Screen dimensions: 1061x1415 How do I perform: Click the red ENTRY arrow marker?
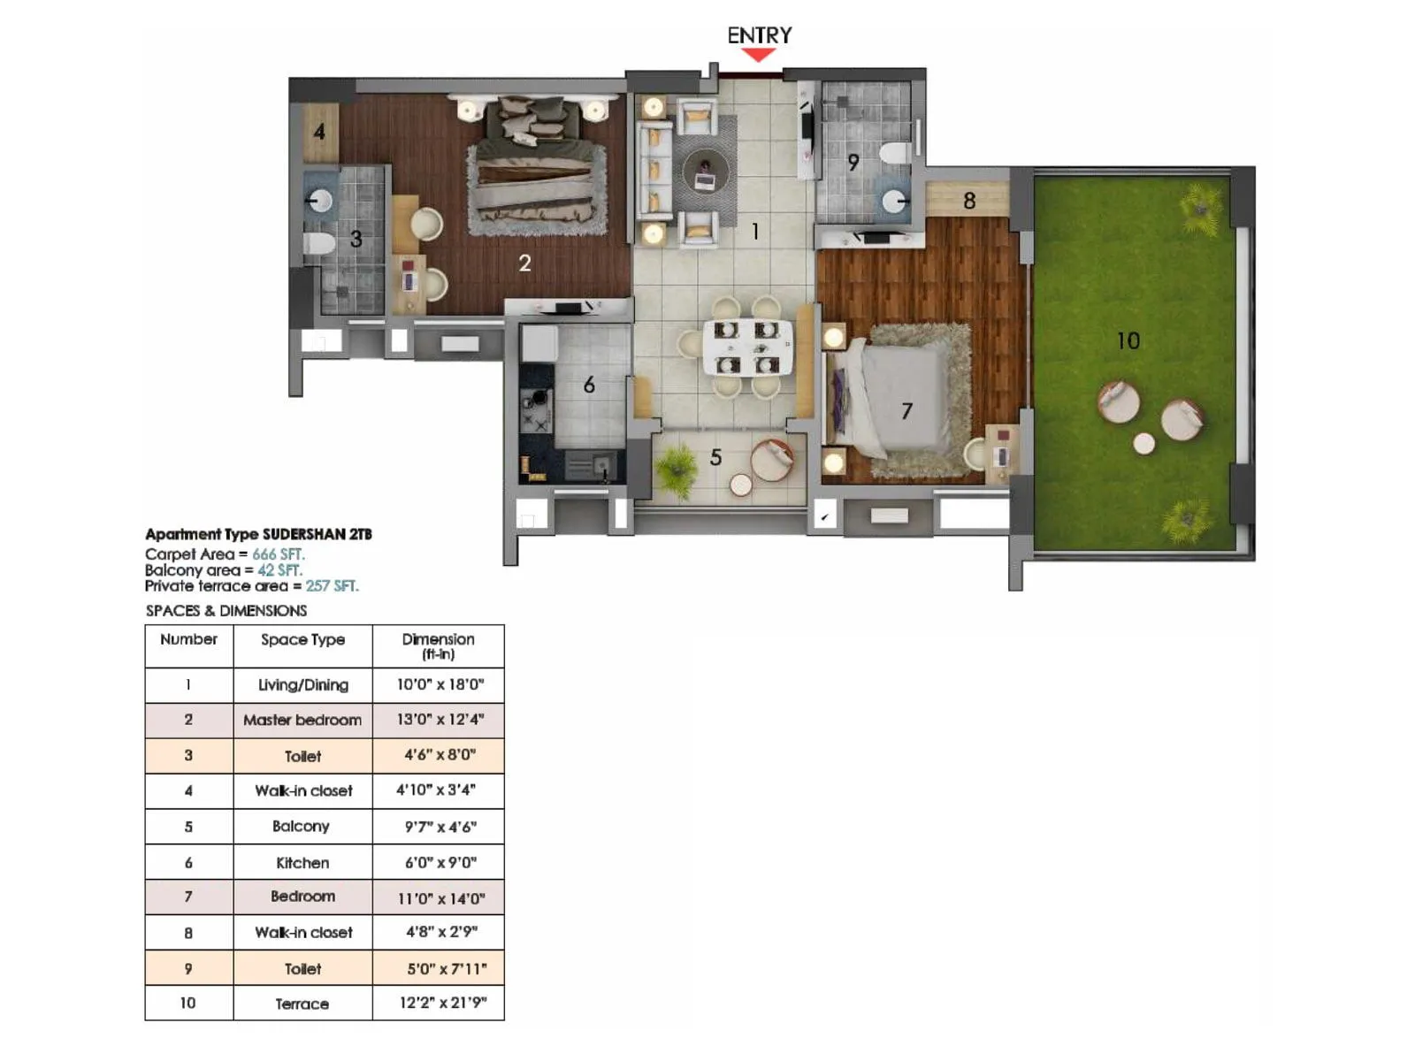[758, 55]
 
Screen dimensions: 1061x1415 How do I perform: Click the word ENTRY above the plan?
[759, 35]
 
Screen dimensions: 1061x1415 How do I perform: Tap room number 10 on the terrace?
[1128, 341]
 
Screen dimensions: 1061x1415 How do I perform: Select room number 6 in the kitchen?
[589, 385]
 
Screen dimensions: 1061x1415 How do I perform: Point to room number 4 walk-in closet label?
[319, 133]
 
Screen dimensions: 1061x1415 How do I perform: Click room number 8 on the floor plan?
[969, 202]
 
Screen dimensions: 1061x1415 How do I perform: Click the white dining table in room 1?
[747, 347]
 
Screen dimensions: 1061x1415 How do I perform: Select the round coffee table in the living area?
[705, 172]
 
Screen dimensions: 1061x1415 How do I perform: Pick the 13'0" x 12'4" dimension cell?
[440, 720]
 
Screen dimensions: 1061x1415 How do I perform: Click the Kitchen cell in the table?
[302, 862]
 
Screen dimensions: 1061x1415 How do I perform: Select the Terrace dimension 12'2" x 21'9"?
[440, 1003]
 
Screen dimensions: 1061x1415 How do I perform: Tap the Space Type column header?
[302, 639]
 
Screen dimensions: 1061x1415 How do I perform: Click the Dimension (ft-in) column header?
[439, 645]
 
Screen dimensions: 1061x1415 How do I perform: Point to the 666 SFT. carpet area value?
[278, 554]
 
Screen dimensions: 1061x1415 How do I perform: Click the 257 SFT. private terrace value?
[332, 586]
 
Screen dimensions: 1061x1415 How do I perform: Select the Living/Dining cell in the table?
[302, 684]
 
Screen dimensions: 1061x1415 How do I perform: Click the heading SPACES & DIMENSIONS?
[226, 611]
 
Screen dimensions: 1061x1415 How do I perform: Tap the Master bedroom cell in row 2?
[302, 720]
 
